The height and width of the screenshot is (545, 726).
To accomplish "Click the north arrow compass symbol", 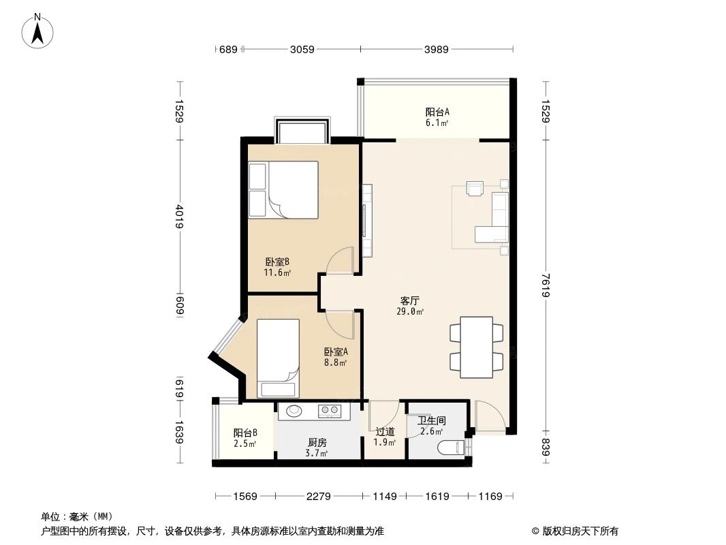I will click(38, 30).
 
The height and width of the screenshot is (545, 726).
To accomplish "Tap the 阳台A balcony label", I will click(437, 117).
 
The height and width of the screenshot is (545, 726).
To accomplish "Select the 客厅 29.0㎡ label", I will click(410, 305).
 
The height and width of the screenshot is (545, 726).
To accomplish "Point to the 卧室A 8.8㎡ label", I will click(336, 357).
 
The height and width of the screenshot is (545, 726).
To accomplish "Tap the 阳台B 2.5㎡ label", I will click(245, 438).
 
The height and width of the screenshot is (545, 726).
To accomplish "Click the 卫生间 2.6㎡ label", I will click(431, 426).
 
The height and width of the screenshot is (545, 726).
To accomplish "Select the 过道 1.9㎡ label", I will click(385, 436).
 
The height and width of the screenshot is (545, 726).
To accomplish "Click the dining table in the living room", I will click(477, 347).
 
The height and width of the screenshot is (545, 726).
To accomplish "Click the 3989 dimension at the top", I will click(437, 49).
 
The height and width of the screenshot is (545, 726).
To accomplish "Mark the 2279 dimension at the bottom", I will click(318, 497).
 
